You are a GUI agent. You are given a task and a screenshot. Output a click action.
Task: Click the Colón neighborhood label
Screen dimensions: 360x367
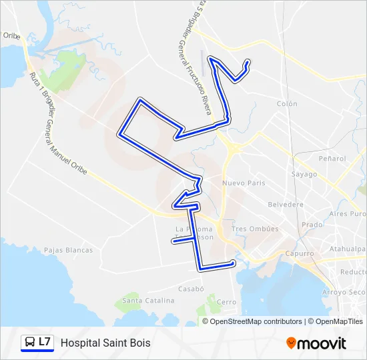[287, 104]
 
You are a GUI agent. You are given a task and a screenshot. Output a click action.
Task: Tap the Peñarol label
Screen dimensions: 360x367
[332, 159]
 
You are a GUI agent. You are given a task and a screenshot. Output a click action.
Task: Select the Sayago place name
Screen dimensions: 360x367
[304, 174]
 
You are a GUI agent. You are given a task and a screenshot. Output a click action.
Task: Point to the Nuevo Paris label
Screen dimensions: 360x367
[244, 183]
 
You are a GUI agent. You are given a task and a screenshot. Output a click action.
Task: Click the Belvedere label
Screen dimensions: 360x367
[286, 205]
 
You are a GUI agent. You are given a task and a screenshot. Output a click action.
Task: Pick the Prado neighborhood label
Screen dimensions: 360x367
[312, 225]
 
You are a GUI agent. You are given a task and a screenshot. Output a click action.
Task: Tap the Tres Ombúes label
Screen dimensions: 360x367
[254, 229]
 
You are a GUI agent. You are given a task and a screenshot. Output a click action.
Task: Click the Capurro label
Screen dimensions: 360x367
[299, 253]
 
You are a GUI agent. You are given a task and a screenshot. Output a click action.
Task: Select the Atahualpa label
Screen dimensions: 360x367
[348, 249]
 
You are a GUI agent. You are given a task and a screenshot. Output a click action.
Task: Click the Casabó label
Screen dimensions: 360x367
[190, 289]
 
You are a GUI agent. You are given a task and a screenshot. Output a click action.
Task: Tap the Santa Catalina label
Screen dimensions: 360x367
[149, 301]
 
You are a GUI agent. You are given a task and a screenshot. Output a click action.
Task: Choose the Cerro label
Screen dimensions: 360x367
[227, 302]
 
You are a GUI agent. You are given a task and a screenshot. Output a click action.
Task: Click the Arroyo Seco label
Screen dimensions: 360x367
[344, 292]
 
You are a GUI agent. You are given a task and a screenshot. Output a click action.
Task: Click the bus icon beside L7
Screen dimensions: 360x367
[29, 343]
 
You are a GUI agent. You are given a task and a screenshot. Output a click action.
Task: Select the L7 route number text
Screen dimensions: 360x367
[45, 342]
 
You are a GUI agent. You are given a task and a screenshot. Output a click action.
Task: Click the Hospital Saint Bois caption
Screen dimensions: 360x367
[105, 343]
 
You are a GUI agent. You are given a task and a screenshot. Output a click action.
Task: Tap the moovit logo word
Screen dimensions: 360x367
[322, 343]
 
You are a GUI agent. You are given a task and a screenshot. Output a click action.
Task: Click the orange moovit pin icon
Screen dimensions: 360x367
[291, 343]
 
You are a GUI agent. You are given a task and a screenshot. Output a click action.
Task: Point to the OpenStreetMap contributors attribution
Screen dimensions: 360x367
[256, 321]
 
